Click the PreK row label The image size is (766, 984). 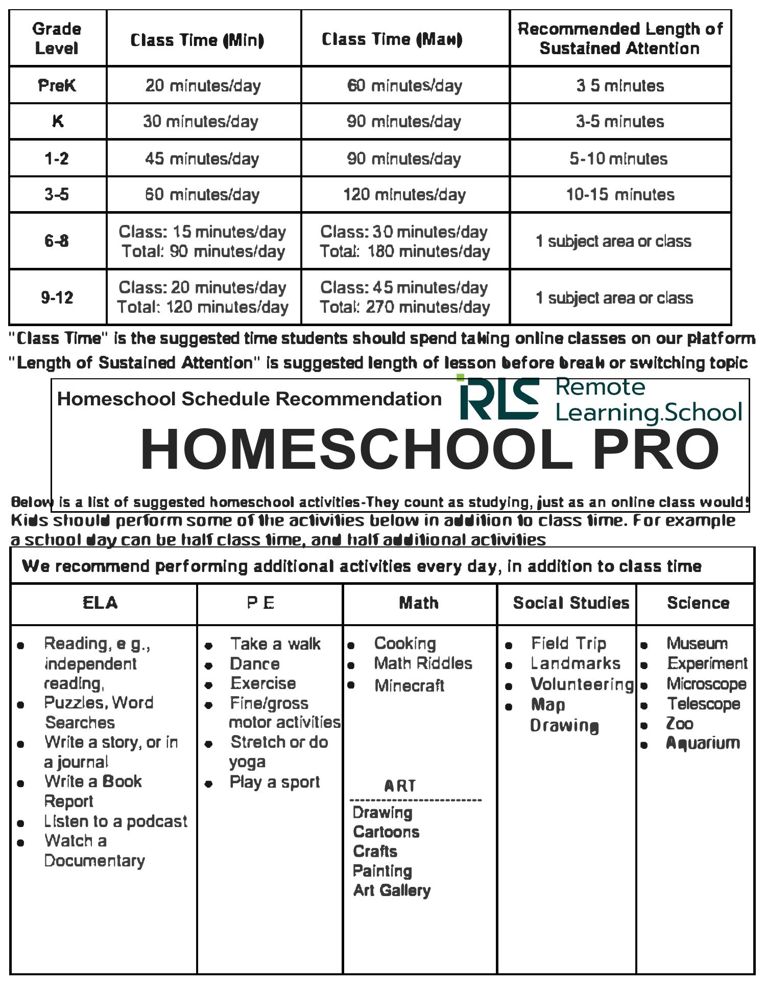coord(57,85)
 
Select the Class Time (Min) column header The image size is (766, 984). coord(197,40)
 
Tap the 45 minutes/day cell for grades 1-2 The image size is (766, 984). coord(202,158)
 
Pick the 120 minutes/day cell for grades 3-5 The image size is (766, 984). coord(404,195)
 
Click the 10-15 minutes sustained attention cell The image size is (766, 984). coord(620,195)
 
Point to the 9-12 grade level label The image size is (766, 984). coord(57,297)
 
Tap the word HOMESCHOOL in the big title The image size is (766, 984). coord(356,450)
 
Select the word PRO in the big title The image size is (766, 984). coord(656,450)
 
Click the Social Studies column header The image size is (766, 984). coord(571,603)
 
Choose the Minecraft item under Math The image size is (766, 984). coord(409,685)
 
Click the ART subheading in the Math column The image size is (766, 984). coord(400,786)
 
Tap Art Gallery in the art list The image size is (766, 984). coord(392,890)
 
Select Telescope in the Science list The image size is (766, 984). coord(703,704)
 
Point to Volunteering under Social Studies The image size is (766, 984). coord(582,684)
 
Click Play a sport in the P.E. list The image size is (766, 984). coord(275,782)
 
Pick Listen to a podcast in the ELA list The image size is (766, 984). coord(115,821)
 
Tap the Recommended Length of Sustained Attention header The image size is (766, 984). coord(620,38)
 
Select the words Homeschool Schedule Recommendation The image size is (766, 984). coord(249,399)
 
